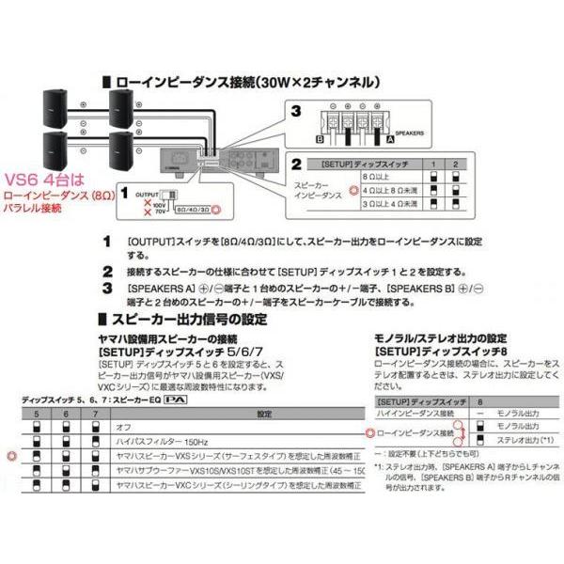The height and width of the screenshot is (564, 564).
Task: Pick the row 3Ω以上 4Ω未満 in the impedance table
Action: point(385,200)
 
